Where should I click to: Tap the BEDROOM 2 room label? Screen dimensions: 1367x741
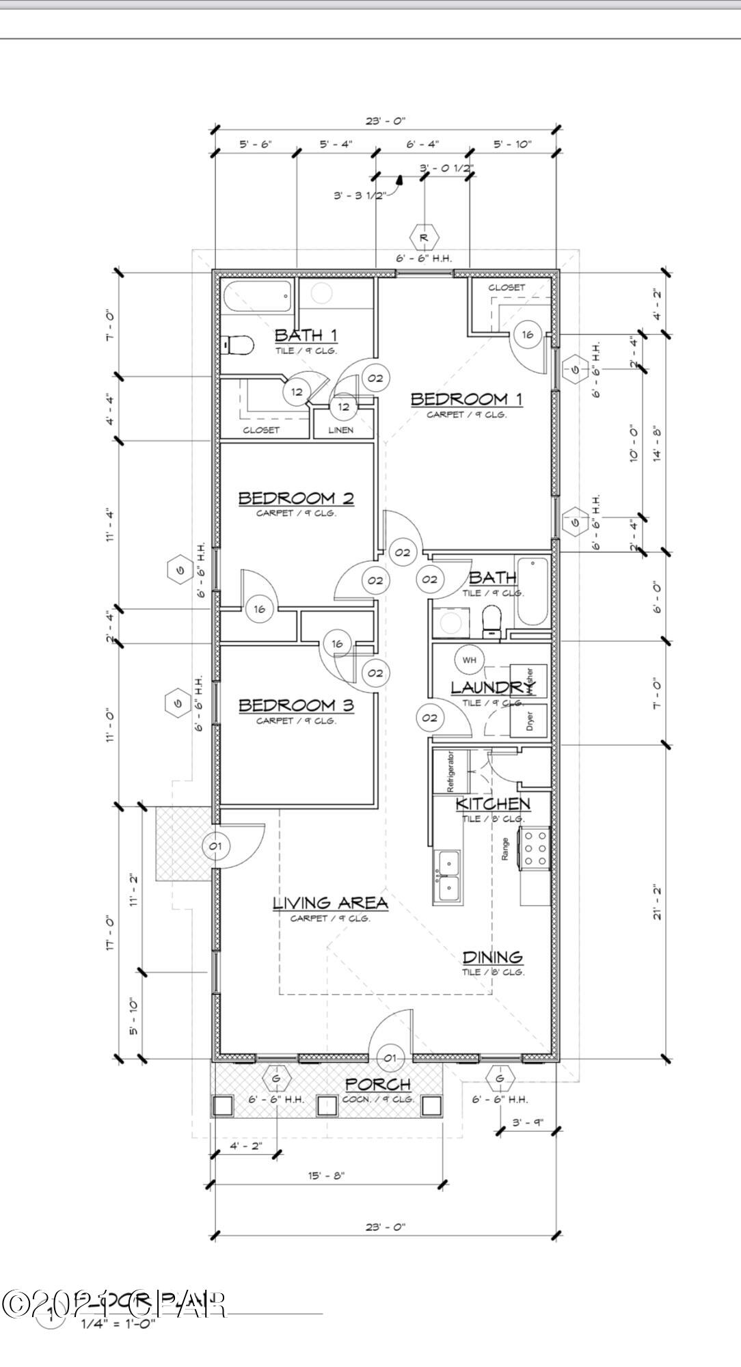296,498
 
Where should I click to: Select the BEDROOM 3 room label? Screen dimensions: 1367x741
296,705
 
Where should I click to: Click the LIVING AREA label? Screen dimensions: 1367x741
330,903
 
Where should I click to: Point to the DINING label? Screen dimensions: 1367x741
492,957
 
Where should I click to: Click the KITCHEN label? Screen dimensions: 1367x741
493,804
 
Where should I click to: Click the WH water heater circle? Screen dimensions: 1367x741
469,660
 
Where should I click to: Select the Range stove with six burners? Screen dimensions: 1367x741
535,848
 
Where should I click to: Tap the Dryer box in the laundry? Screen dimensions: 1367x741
530,721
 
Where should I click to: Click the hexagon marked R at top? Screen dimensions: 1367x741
424,237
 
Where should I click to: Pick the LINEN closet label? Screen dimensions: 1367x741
341,430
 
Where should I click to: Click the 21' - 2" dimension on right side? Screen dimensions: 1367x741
658,901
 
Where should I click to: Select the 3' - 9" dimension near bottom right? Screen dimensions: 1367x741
526,1122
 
